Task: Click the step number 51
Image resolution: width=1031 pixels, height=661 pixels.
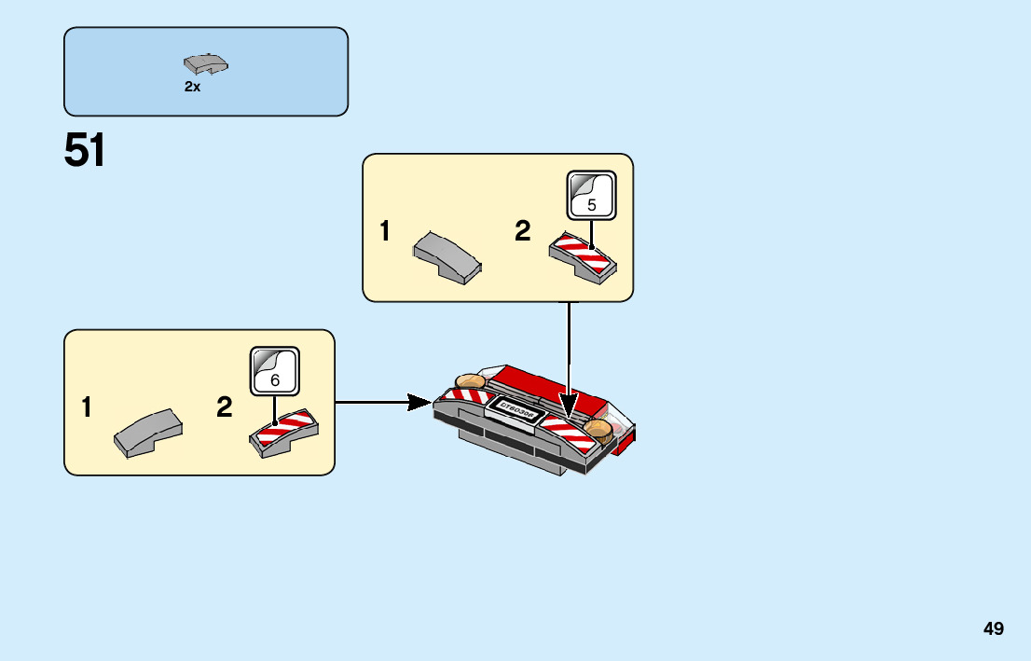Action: pyautogui.click(x=85, y=151)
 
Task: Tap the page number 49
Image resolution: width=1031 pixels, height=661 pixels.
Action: pyautogui.click(x=993, y=628)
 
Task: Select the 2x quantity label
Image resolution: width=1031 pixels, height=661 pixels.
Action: pyautogui.click(x=192, y=87)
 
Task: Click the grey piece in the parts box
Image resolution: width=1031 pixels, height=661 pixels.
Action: pyautogui.click(x=206, y=64)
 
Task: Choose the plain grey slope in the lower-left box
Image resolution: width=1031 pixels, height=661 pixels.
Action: pyautogui.click(x=148, y=432)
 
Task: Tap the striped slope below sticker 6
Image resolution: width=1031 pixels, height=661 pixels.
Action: pyautogui.click(x=284, y=432)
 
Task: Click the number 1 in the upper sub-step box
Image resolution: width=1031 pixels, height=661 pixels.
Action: pyautogui.click(x=385, y=232)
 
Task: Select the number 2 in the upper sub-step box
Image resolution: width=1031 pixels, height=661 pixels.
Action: pyautogui.click(x=523, y=232)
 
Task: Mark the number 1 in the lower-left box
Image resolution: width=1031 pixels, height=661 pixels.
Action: pyautogui.click(x=87, y=407)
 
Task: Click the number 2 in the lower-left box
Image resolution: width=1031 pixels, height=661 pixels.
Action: pyautogui.click(x=225, y=407)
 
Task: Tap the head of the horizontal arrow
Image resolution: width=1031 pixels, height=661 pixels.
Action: pyautogui.click(x=421, y=403)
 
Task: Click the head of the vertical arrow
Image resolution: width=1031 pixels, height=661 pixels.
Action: pyautogui.click(x=569, y=407)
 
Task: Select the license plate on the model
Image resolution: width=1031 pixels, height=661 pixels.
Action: pyautogui.click(x=515, y=411)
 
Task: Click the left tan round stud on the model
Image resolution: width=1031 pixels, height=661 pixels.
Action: pyautogui.click(x=468, y=380)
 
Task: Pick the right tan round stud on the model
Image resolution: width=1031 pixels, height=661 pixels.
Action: pyautogui.click(x=600, y=430)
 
